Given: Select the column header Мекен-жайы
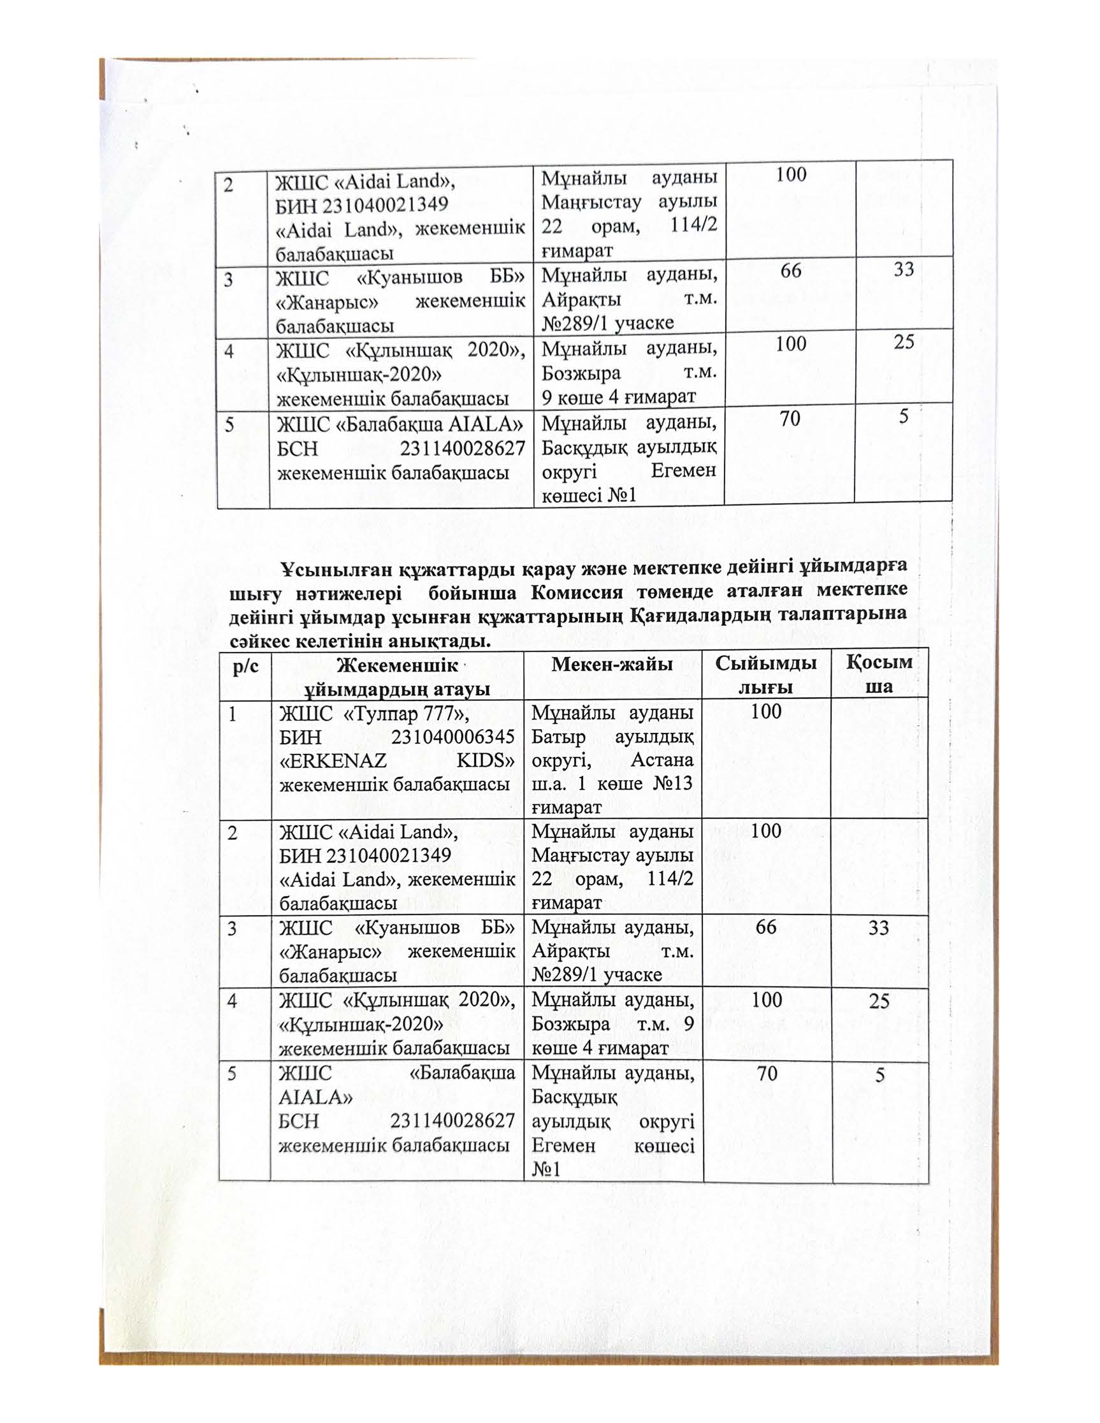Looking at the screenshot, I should [x=612, y=664].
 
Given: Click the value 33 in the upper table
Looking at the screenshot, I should [x=904, y=269].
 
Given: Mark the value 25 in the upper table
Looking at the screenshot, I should [x=904, y=342].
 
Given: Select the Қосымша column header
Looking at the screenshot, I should [x=879, y=675].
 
